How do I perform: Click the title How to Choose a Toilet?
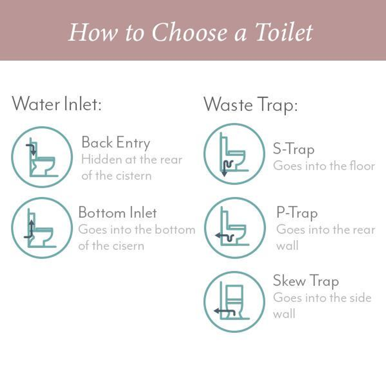pyautogui.click(x=190, y=32)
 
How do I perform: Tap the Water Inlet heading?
pyautogui.click(x=56, y=104)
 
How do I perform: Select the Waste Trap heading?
pyautogui.click(x=250, y=105)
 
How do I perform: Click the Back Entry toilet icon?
pyautogui.click(x=42, y=157)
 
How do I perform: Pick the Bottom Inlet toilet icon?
pyautogui.click(x=42, y=228)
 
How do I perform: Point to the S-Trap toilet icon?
pyautogui.click(x=234, y=154)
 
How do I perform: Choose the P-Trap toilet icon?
pyautogui.click(x=235, y=228)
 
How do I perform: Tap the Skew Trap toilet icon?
pyautogui.click(x=234, y=302)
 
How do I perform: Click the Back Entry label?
pyautogui.click(x=116, y=143)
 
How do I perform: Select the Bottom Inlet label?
pyautogui.click(x=118, y=212)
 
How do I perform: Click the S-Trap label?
pyautogui.click(x=294, y=149)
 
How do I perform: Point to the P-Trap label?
pyautogui.click(x=297, y=213)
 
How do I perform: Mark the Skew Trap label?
pyautogui.click(x=306, y=281)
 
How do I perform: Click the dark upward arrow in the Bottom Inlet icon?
pyautogui.click(x=31, y=229)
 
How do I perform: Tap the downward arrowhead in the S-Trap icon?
pyautogui.click(x=224, y=174)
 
